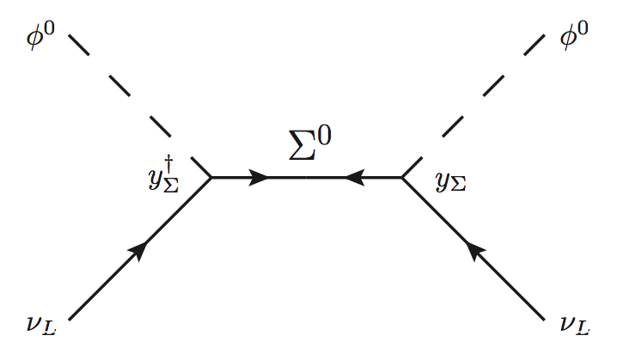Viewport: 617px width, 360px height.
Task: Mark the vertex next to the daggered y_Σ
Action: coord(212,178)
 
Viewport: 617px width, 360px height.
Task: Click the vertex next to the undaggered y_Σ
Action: coord(402,178)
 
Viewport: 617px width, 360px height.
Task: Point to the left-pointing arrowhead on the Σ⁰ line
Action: coord(354,178)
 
